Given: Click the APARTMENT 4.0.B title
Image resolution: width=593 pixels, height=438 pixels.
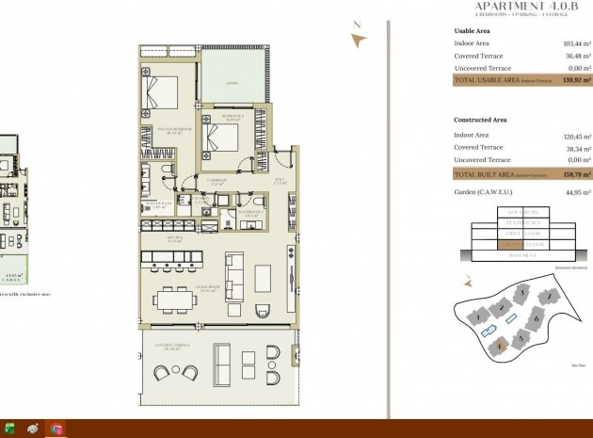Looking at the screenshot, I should [x=522, y=6].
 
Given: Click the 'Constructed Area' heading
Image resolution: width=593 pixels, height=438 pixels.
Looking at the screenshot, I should [x=481, y=121].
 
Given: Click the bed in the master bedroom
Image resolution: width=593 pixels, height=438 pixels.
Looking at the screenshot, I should [x=159, y=93].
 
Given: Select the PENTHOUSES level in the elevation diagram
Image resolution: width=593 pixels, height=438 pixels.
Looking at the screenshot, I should [x=522, y=223].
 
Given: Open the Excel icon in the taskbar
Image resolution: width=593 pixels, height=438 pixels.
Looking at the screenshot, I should [x=9, y=429].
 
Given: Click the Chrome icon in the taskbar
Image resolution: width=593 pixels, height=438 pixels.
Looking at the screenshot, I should [x=56, y=429].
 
